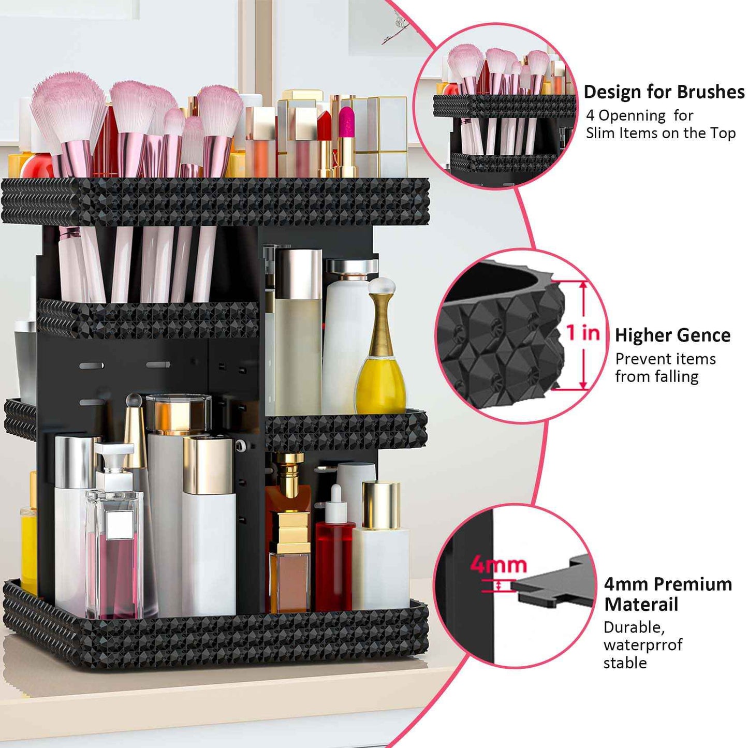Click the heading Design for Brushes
pos(664,92)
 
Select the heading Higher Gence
pos(672,335)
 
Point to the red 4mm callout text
pos(498,565)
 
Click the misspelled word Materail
pos(641,605)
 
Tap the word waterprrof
pos(642,645)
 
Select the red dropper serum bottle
pos(334,564)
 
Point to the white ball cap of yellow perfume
pos(382,286)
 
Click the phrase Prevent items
pos(665,359)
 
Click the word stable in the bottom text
pos(625,663)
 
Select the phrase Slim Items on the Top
pos(661,134)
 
